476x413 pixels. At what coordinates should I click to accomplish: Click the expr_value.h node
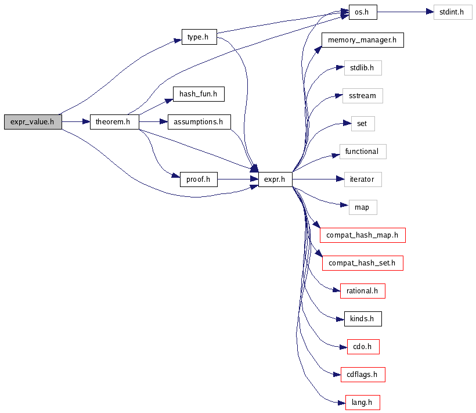pyautogui.click(x=33, y=122)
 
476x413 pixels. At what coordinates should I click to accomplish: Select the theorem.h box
pyautogui.click(x=114, y=122)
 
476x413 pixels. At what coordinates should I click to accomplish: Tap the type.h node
pyautogui.click(x=199, y=37)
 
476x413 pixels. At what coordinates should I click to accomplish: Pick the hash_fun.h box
pyautogui.click(x=198, y=94)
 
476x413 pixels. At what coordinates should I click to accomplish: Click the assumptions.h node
pyautogui.click(x=199, y=122)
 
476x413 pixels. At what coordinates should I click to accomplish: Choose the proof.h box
pyautogui.click(x=198, y=179)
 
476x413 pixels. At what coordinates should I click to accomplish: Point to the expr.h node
pyautogui.click(x=275, y=179)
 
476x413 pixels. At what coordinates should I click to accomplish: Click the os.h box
pyautogui.click(x=363, y=12)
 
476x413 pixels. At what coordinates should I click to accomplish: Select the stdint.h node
pyautogui.click(x=453, y=12)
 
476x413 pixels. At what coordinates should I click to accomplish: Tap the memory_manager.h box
pyautogui.click(x=362, y=40)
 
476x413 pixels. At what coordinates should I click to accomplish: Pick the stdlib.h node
pyautogui.click(x=362, y=68)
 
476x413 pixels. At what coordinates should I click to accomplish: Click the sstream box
pyautogui.click(x=362, y=96)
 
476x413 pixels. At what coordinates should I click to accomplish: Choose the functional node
pyautogui.click(x=362, y=152)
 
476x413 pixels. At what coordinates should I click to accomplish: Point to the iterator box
pyautogui.click(x=362, y=179)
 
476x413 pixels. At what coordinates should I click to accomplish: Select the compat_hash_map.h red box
pyautogui.click(x=362, y=235)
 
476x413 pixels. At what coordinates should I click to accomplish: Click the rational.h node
pyautogui.click(x=362, y=291)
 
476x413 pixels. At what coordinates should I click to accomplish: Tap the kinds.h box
pyautogui.click(x=362, y=319)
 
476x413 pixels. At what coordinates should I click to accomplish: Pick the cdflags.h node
pyautogui.click(x=362, y=375)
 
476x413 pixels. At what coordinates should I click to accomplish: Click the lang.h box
pyautogui.click(x=362, y=403)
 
